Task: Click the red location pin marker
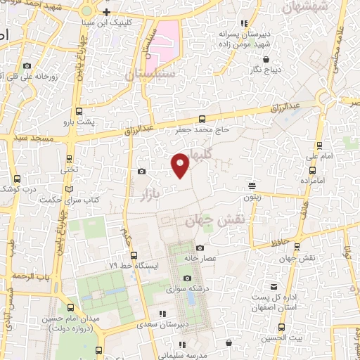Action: (x=181, y=165)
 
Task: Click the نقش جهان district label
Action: (x=208, y=221)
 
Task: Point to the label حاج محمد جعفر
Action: (x=202, y=129)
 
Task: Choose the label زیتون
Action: (x=252, y=197)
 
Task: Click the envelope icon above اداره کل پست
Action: (x=274, y=287)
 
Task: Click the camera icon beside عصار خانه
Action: (x=200, y=247)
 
